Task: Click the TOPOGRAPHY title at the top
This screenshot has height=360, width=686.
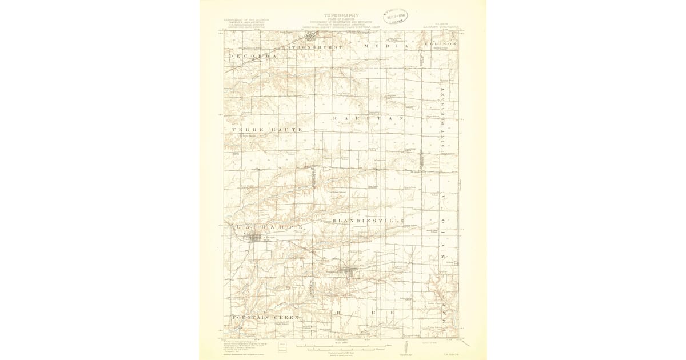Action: click(342, 15)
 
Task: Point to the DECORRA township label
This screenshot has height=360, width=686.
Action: click(253, 56)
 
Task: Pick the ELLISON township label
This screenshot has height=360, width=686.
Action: click(441, 44)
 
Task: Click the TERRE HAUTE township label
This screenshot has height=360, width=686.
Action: click(266, 130)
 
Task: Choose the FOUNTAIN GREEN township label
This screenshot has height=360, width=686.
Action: click(266, 316)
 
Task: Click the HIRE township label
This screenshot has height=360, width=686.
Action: click(365, 313)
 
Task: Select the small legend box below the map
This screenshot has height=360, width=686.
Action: click(282, 345)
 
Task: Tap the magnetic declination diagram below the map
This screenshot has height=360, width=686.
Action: click(405, 346)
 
